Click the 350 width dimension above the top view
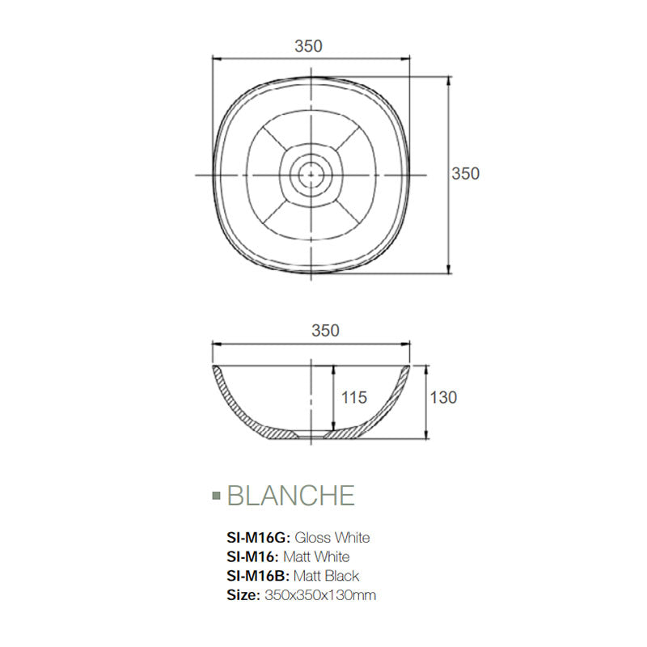tap(309, 46)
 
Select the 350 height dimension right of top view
tap(465, 174)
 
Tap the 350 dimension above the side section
tap(325, 330)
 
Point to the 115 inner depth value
tap(354, 397)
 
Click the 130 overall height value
tap(443, 397)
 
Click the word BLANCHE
tap(291, 495)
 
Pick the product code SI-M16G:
tap(259, 537)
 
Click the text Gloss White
tap(332, 537)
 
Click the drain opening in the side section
tap(311, 436)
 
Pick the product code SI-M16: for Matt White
tap(253, 556)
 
